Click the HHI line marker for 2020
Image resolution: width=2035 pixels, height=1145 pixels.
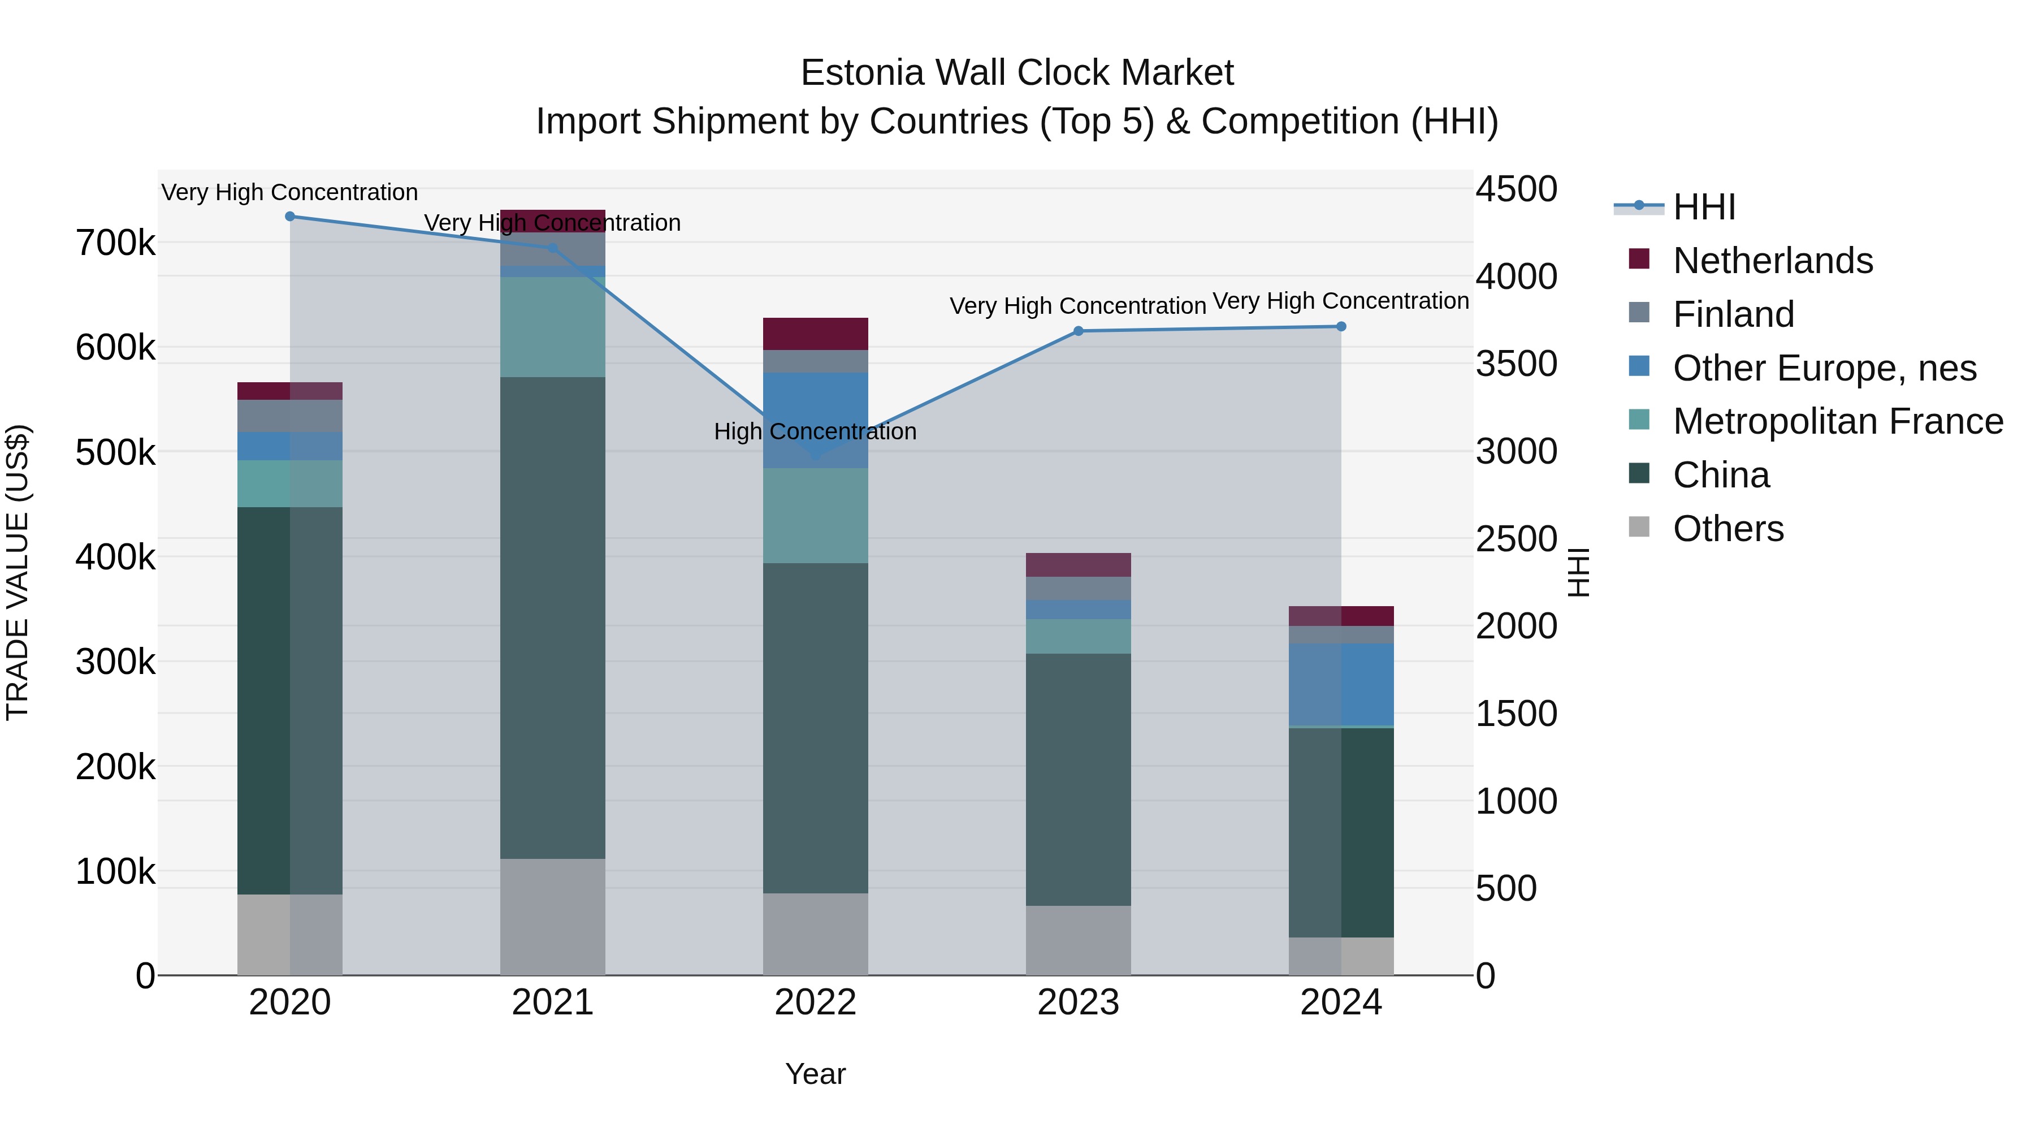click(290, 217)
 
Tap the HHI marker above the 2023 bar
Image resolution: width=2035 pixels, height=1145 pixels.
click(1079, 331)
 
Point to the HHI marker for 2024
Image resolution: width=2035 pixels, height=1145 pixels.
click(1341, 326)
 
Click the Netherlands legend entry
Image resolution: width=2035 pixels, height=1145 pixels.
click(1772, 261)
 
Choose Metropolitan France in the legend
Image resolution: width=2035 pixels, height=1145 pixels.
click(1838, 421)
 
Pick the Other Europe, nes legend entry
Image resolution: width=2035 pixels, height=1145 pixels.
click(1824, 368)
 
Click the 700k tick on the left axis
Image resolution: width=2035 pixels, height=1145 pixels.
click(115, 243)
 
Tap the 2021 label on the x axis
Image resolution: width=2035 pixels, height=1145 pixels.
click(552, 1003)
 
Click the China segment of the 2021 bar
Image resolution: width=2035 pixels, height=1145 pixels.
click(552, 616)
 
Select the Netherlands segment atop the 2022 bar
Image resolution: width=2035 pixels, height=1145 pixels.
click(815, 334)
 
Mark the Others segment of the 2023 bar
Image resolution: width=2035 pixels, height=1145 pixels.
click(1079, 940)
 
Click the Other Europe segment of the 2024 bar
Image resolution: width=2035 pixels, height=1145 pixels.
click(1341, 684)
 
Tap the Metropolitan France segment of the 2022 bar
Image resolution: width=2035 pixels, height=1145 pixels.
click(815, 515)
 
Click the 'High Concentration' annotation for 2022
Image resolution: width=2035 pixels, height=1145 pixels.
click(815, 431)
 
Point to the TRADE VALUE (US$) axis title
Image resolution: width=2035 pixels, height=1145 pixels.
click(18, 572)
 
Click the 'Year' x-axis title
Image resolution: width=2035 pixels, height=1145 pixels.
click(815, 1074)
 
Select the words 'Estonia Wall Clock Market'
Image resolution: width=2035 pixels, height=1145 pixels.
click(1017, 73)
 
